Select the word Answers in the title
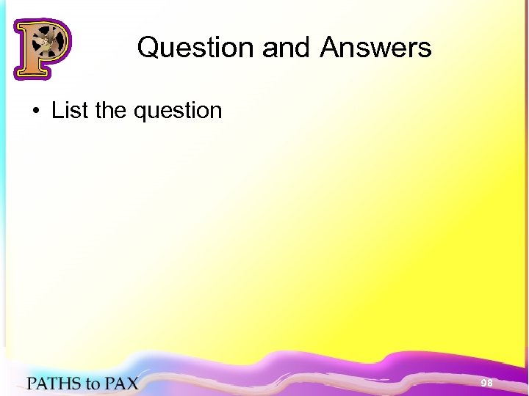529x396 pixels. [375, 48]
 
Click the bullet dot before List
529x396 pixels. [35, 111]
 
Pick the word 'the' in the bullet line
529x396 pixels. [112, 111]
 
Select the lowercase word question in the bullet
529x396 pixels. [178, 112]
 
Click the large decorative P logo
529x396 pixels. [41, 48]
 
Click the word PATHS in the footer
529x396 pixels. [54, 384]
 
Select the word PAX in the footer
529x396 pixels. [120, 384]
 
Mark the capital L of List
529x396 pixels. [57, 111]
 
